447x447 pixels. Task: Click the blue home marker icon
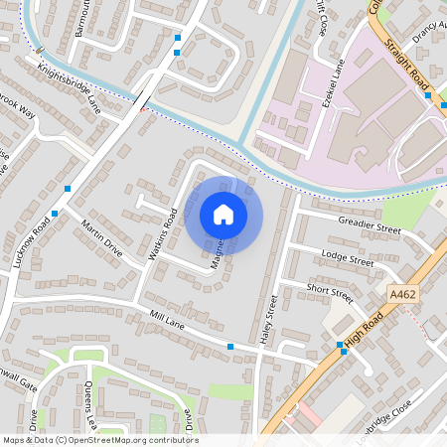pyautogui.click(x=223, y=214)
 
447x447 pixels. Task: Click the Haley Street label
pyautogui.click(x=267, y=320)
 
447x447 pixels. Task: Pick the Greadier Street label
pyautogui.click(x=369, y=227)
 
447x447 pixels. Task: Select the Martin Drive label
pyautogui.click(x=101, y=237)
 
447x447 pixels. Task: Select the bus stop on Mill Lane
pyautogui.click(x=230, y=346)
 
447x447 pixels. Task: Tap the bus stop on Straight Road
pyautogui.click(x=428, y=96)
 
